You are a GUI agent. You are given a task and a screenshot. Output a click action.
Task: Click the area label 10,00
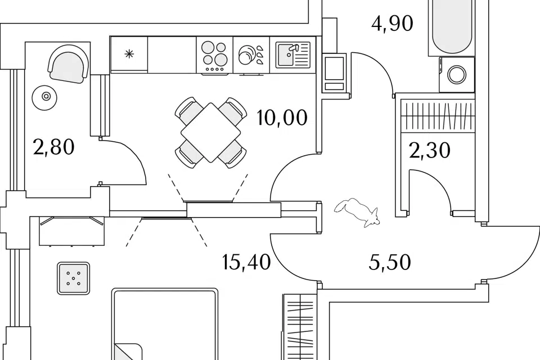click(282, 118)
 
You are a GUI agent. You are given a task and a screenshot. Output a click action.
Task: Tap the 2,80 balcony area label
click(54, 148)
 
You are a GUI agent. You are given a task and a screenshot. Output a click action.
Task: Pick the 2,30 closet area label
click(430, 151)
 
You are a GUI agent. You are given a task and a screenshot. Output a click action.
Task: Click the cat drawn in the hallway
click(358, 212)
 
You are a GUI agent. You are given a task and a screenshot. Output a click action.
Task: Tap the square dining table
click(211, 132)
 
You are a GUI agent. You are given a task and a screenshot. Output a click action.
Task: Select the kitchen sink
click(293, 55)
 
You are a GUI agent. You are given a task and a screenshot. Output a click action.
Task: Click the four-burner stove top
click(214, 55)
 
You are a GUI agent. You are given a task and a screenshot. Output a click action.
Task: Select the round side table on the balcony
click(46, 97)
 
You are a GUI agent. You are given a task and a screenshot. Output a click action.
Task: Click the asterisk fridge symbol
click(129, 54)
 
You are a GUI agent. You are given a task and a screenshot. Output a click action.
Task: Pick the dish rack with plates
click(251, 55)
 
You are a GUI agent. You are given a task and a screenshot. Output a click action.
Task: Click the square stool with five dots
click(74, 278)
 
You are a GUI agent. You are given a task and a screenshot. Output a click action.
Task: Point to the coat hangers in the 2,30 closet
click(436, 115)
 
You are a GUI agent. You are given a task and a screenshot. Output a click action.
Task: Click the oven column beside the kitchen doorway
click(334, 74)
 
